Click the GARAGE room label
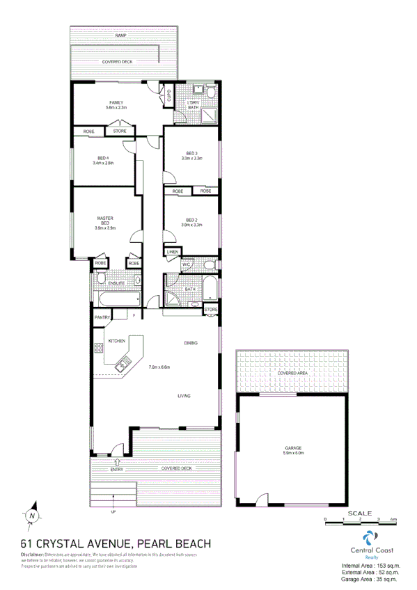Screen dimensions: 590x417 (x=292, y=447)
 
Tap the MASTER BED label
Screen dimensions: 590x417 (x=105, y=220)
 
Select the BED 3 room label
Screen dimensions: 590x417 (x=191, y=153)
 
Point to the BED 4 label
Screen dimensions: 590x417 (x=102, y=158)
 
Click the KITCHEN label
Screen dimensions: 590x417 (x=116, y=340)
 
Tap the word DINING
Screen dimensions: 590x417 (x=191, y=343)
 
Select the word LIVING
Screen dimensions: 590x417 (x=184, y=396)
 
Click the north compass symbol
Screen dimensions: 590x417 (x=32, y=516)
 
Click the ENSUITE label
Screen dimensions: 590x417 (x=116, y=283)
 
